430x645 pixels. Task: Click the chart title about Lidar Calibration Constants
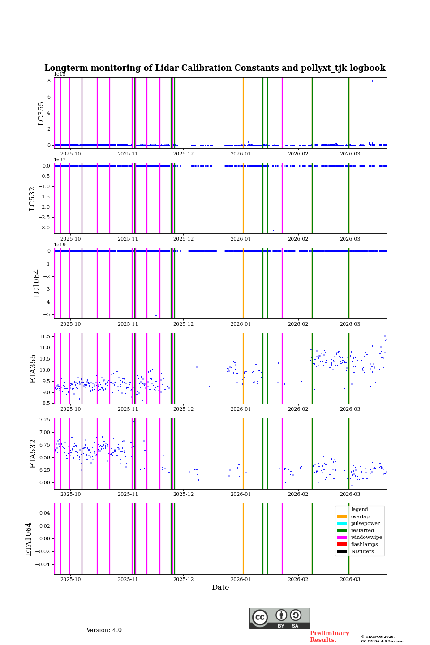[215, 68]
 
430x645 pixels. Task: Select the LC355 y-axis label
[41, 113]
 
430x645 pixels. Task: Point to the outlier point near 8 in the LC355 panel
[372, 81]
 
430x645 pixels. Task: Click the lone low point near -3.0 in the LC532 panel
[273, 231]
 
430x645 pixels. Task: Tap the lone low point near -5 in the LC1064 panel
[156, 316]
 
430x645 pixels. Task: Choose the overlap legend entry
[360, 516]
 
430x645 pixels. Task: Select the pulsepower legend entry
[365, 524]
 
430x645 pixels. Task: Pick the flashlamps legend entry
[364, 545]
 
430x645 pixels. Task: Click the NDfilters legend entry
[362, 551]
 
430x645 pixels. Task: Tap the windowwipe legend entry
[366, 537]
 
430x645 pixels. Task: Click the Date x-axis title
[220, 588]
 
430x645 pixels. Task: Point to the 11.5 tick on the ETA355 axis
[44, 336]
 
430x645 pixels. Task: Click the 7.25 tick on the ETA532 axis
[44, 420]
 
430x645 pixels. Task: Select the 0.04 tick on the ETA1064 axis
[43, 513]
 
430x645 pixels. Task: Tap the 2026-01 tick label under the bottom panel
[241, 581]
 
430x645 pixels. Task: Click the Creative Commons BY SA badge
[279, 618]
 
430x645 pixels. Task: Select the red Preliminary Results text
[329, 636]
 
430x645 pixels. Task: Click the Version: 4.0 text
[104, 630]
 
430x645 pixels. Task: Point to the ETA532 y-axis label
[33, 454]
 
